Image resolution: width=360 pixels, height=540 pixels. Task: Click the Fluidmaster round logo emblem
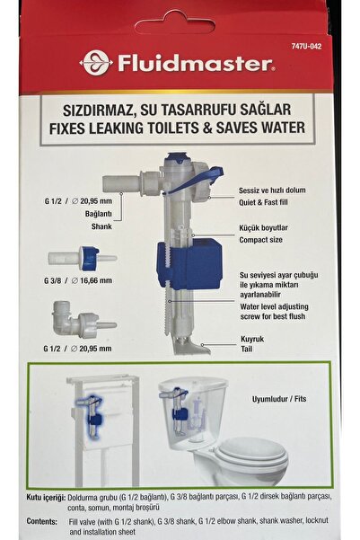tap(95, 62)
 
